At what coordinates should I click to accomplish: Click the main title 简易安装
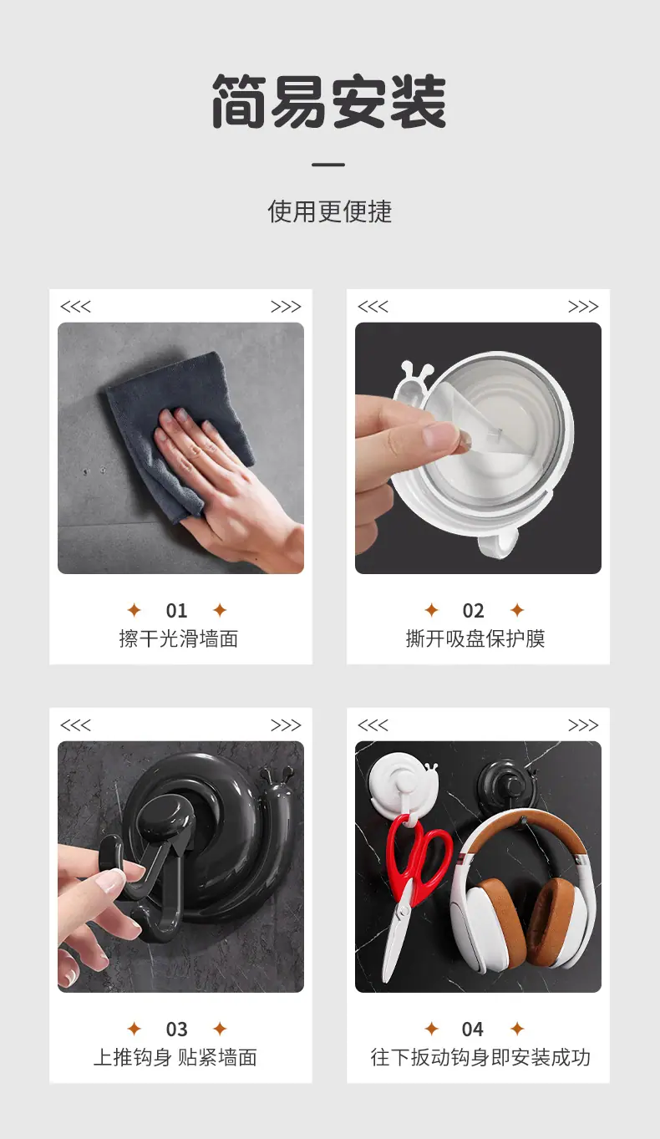329,100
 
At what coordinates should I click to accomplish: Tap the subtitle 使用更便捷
329,211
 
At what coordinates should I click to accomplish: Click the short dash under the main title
328,165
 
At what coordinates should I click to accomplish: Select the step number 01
176,610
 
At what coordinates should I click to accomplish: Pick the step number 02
474,610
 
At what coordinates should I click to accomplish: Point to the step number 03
176,1030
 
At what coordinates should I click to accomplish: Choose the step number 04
473,1030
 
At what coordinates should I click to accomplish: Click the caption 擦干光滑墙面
179,638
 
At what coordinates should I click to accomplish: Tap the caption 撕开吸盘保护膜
475,638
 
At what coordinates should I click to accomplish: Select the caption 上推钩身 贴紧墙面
175,1058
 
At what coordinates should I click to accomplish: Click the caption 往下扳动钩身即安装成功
480,1058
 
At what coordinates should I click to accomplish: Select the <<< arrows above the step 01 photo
75,307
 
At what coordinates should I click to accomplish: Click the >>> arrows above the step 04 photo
583,725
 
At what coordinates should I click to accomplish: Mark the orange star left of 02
432,610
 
